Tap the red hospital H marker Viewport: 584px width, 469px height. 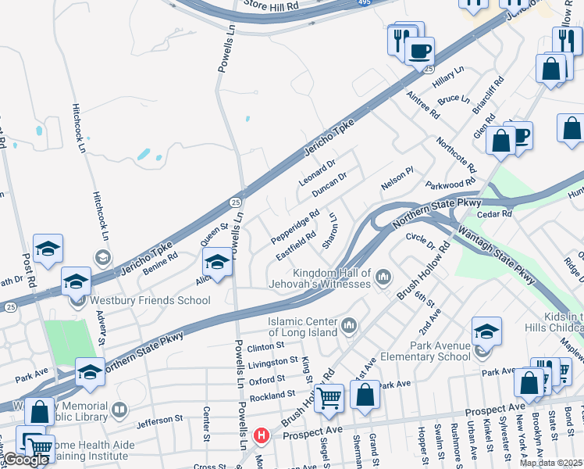(x=262, y=435)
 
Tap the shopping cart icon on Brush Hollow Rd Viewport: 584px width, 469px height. (x=329, y=398)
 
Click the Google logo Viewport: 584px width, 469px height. (x=25, y=460)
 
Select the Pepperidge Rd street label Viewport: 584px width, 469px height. (x=294, y=225)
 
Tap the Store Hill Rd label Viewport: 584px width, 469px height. (x=271, y=5)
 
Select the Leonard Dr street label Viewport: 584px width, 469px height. (x=316, y=173)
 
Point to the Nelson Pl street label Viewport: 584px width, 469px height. (x=396, y=181)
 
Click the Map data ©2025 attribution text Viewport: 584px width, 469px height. (x=551, y=463)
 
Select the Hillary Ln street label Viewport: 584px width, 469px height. (x=447, y=77)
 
